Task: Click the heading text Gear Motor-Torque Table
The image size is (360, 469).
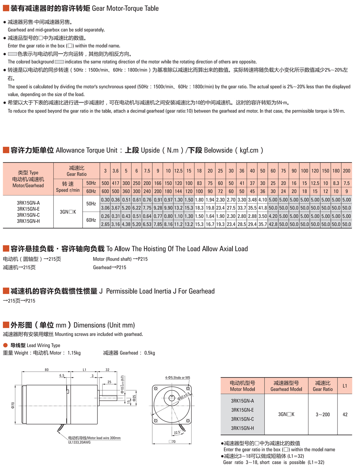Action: point(125,8)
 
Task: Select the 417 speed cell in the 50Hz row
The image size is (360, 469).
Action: point(115,183)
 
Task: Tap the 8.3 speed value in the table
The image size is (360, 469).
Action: point(336,183)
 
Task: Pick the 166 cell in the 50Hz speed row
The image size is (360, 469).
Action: point(157,183)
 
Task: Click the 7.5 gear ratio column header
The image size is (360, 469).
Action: point(147,171)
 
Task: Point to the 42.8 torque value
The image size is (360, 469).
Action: point(273,224)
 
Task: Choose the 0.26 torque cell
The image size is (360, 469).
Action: point(105,216)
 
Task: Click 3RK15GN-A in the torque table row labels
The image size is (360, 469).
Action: point(28,203)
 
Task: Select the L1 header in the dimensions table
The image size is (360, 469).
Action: point(345,386)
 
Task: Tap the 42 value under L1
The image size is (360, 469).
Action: point(345,414)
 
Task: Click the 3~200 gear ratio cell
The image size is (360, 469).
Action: point(323,414)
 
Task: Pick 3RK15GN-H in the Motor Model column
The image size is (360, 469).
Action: point(242,428)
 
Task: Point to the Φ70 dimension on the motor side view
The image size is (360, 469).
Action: point(13,405)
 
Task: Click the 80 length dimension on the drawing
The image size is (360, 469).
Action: point(47,370)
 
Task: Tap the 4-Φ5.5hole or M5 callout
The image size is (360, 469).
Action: point(177,377)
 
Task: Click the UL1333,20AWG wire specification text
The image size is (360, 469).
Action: point(79,442)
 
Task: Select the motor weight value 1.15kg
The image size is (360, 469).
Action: point(74,353)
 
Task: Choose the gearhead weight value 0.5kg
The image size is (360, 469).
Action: point(149,353)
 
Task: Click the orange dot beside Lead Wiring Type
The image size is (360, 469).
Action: point(5,345)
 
